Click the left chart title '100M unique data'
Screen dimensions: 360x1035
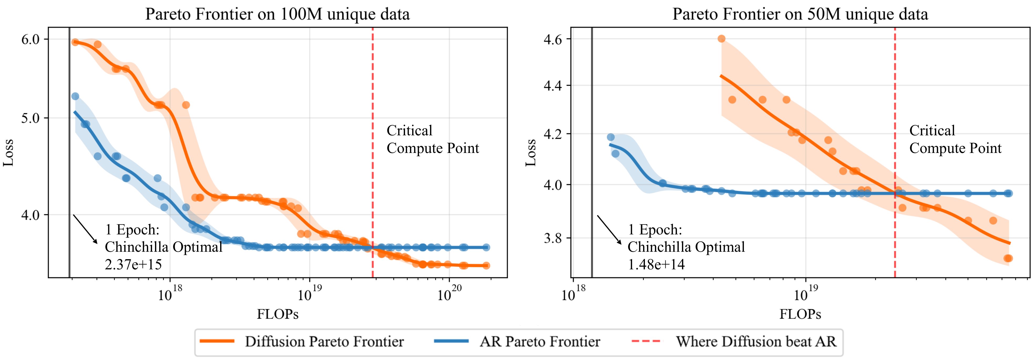[277, 14]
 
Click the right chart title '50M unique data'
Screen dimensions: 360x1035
[800, 14]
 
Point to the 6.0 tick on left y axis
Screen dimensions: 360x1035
[30, 39]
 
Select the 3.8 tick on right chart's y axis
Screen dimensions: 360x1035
[553, 238]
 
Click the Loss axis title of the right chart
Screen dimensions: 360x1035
[531, 153]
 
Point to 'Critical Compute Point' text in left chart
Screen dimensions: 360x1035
[432, 140]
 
